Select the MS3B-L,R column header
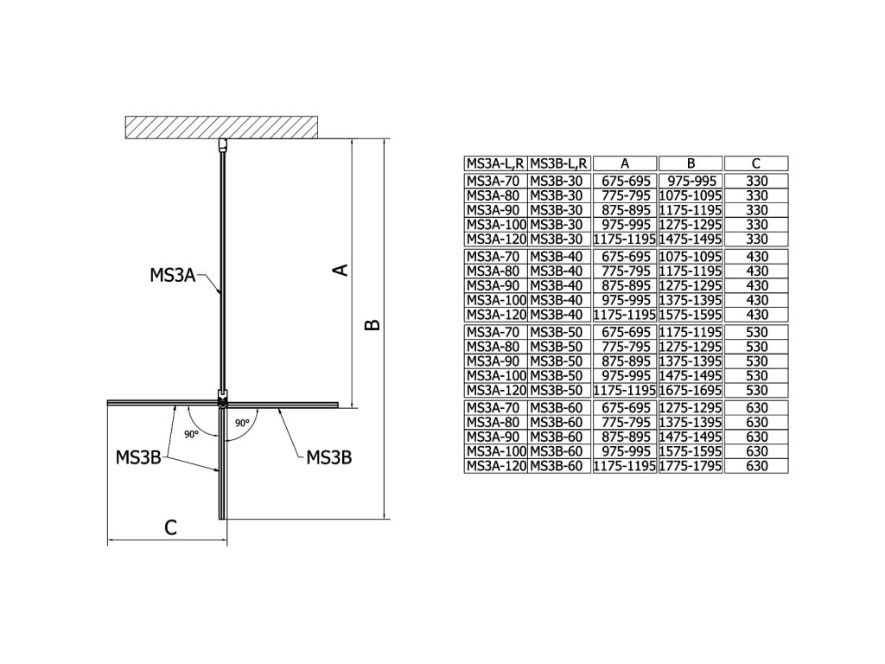point(559,163)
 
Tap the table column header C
point(756,163)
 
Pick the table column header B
point(691,163)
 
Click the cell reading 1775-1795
point(691,466)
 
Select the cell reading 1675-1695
point(691,390)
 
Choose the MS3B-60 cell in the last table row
point(559,466)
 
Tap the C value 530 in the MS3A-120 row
point(756,390)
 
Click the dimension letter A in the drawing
point(341,270)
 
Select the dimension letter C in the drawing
point(171,527)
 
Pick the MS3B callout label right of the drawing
point(329,457)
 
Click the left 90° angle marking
point(191,433)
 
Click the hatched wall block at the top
point(223,126)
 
